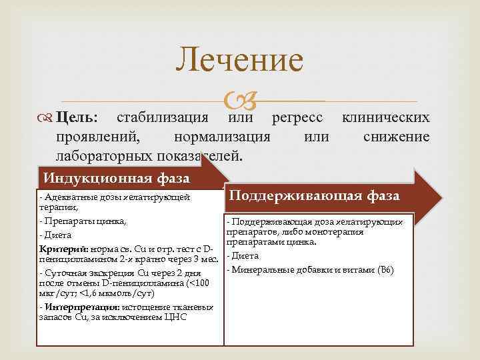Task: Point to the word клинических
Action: pyautogui.click(x=385, y=118)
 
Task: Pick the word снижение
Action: pyautogui.click(x=397, y=137)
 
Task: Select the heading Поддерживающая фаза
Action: pyautogui.click(x=314, y=195)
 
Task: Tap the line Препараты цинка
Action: pyautogui.click(x=84, y=220)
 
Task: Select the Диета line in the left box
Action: pyautogui.click(x=55, y=235)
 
